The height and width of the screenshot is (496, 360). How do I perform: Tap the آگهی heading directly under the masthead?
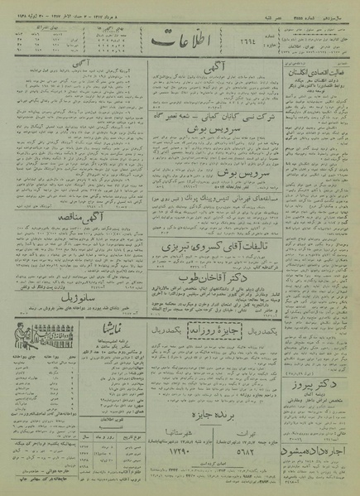pyautogui.click(x=214, y=73)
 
